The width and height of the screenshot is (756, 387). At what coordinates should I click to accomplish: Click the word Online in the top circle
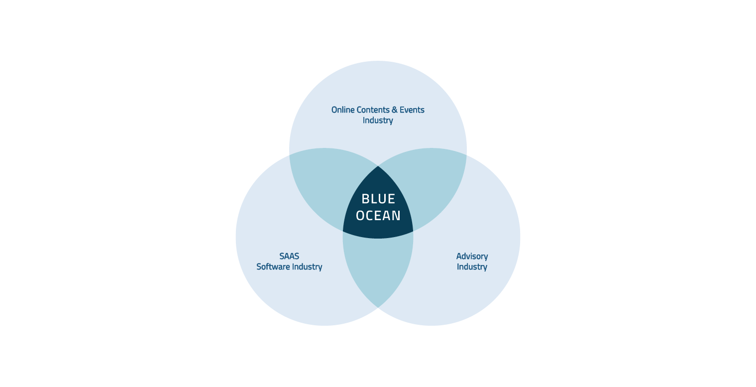342,110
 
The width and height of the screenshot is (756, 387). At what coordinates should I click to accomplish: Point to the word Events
412,110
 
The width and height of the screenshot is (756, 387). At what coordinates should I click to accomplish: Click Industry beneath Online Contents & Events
378,121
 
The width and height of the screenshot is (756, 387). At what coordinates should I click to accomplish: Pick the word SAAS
289,257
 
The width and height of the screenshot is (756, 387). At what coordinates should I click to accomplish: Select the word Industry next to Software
307,267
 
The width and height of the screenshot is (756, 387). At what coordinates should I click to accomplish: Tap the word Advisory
472,257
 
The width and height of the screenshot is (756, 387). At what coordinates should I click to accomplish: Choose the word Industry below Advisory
472,267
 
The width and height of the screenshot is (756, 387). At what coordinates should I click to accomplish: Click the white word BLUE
378,199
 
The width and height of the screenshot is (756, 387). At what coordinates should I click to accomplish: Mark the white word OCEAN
378,216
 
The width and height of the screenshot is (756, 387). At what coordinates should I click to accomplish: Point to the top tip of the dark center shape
378,166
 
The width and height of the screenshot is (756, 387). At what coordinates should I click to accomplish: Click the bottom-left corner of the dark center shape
343,232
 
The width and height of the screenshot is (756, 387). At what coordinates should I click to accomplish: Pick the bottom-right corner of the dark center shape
413,232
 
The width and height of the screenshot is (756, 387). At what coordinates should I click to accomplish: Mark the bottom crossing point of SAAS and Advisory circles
378,307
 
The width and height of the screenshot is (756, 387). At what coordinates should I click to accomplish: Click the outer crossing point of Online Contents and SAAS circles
289,155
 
